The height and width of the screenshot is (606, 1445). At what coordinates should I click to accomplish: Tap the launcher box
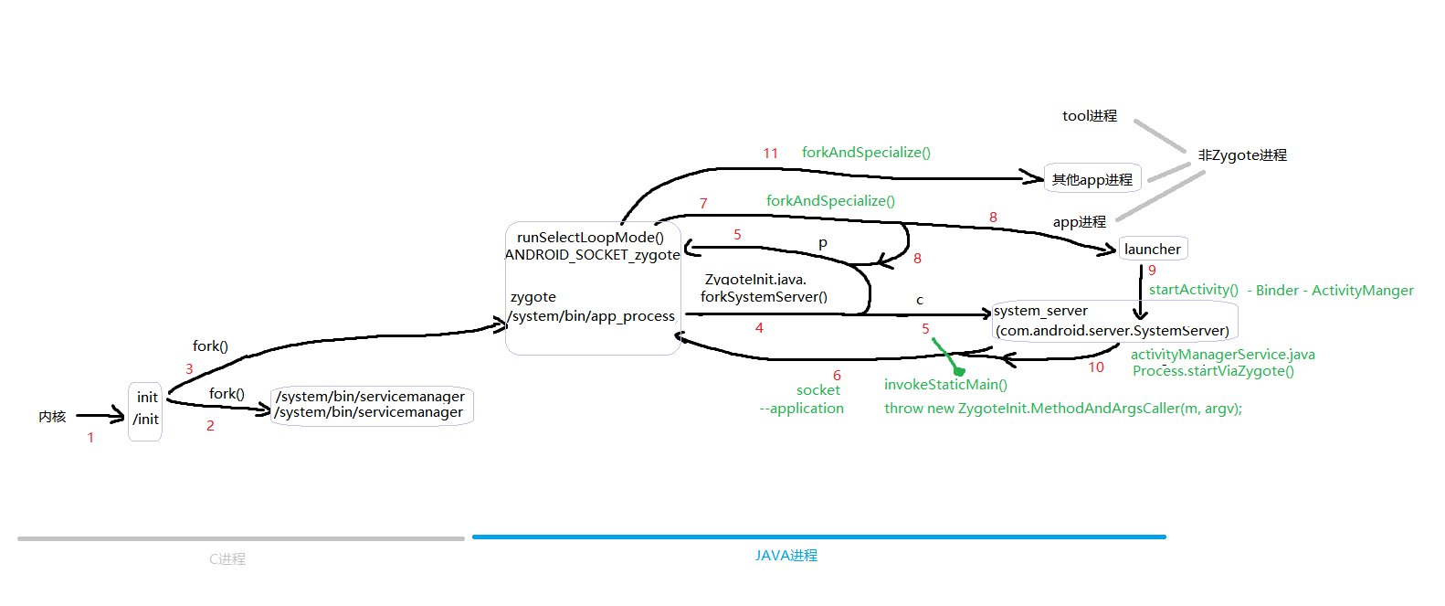click(x=1153, y=249)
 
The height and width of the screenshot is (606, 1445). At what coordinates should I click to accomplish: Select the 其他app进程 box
click(x=1092, y=179)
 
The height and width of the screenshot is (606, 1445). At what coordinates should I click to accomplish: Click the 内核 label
click(x=52, y=417)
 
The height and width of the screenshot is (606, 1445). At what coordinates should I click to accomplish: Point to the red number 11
click(x=770, y=154)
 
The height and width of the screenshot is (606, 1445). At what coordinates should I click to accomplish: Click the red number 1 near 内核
click(x=91, y=438)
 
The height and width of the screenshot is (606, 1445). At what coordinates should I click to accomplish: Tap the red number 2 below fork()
click(x=210, y=426)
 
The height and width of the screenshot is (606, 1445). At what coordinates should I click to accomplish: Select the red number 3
click(x=189, y=369)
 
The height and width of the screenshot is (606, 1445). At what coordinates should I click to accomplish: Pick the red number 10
click(x=1096, y=367)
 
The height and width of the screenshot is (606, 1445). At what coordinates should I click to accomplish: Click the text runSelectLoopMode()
click(x=590, y=238)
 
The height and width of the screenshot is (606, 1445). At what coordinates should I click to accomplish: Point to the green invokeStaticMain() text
click(x=945, y=385)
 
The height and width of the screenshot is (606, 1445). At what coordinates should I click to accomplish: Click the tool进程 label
click(x=1090, y=115)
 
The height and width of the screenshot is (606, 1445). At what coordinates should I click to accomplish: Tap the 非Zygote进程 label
click(x=1242, y=154)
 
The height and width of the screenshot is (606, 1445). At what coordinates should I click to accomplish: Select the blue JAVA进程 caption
click(x=786, y=555)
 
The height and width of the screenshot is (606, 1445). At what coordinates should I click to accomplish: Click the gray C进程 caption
click(x=227, y=558)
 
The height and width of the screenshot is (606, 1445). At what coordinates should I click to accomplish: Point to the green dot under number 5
click(x=959, y=371)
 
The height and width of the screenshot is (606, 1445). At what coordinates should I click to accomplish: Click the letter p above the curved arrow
click(x=822, y=244)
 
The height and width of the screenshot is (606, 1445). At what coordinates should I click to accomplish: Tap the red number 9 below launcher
click(x=1152, y=271)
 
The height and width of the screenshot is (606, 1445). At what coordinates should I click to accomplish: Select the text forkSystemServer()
click(x=764, y=297)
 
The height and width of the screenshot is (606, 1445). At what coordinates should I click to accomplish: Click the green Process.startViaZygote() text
click(x=1213, y=371)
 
